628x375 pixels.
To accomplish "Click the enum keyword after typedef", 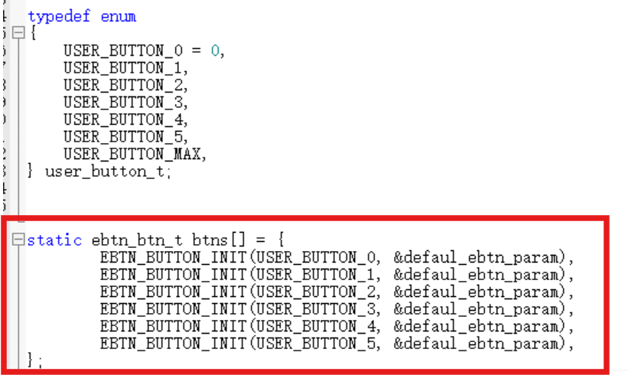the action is click(119, 16).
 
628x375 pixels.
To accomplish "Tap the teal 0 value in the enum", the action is click(216, 51).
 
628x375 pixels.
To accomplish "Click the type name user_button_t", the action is click(104, 171).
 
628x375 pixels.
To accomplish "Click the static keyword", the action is click(54, 240).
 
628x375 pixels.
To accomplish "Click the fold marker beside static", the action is click(19, 240).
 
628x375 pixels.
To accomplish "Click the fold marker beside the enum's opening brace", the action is click(19, 34).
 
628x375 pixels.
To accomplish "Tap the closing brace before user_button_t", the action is click(31, 171).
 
